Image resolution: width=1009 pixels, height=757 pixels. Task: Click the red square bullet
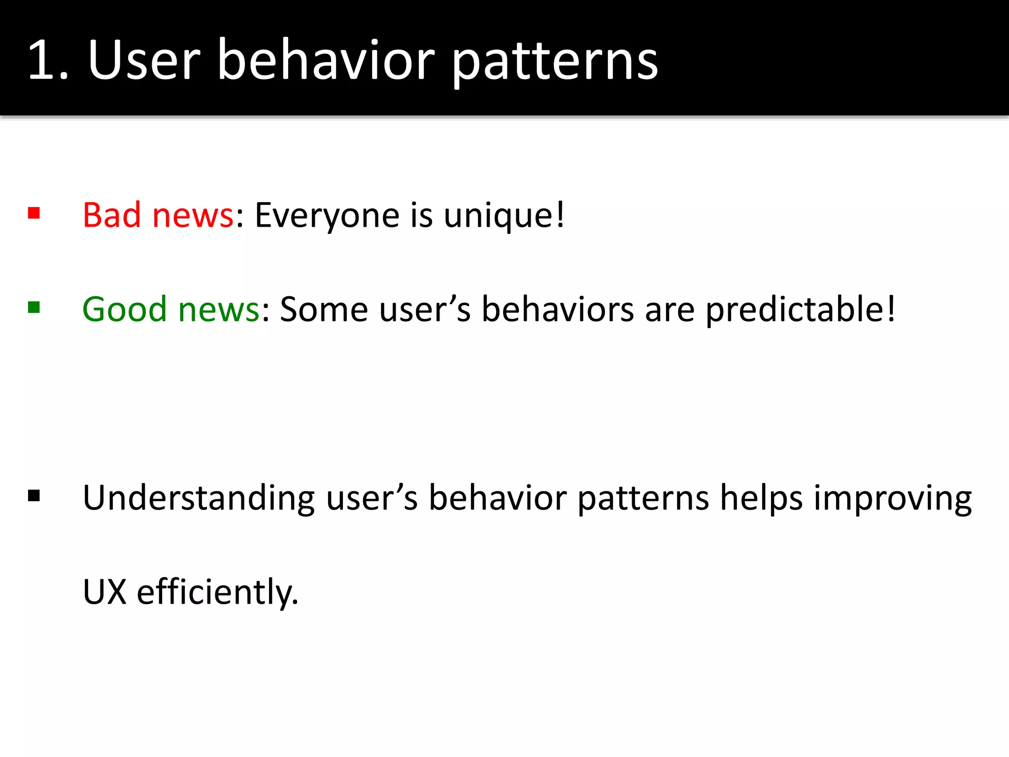pos(34,213)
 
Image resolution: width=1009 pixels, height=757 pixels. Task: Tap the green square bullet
pos(34,308)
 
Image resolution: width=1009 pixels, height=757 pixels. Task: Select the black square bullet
pos(34,495)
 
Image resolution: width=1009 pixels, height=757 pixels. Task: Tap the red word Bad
pos(112,215)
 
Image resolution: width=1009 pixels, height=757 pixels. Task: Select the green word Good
pos(125,310)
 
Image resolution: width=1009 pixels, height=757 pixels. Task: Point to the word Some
pos(324,310)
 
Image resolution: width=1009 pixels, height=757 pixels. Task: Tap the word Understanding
pos(199,498)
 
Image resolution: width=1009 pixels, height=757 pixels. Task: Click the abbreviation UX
pos(105,592)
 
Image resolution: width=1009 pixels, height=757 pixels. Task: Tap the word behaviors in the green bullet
pos(558,310)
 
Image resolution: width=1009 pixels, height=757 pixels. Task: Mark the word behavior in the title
pos(326,60)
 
